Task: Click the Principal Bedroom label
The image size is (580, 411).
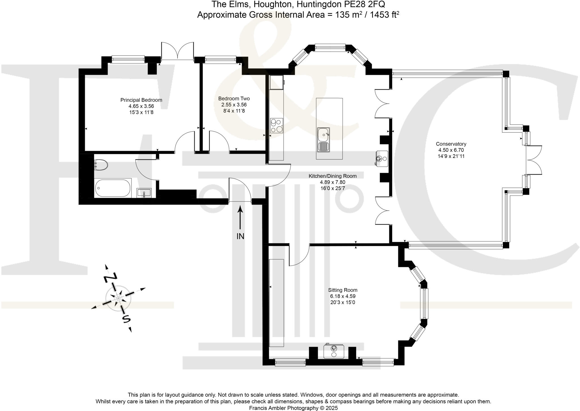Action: click(141, 100)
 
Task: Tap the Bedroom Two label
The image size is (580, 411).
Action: click(234, 99)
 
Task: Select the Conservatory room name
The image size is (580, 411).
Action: click(451, 144)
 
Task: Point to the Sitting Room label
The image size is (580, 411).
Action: click(343, 290)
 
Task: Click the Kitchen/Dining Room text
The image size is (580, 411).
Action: click(332, 176)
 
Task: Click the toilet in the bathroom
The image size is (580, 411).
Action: click(101, 165)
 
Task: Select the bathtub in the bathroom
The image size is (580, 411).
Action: click(113, 188)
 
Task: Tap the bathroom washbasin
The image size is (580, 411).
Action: click(144, 193)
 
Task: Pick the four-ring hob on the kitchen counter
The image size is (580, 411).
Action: click(276, 126)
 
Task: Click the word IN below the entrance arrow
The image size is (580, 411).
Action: click(240, 236)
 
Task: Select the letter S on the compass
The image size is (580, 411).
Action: click(126, 319)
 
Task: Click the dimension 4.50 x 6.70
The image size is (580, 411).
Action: click(451, 150)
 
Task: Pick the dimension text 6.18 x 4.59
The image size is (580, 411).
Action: click(343, 296)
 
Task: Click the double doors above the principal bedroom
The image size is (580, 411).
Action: click(178, 51)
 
